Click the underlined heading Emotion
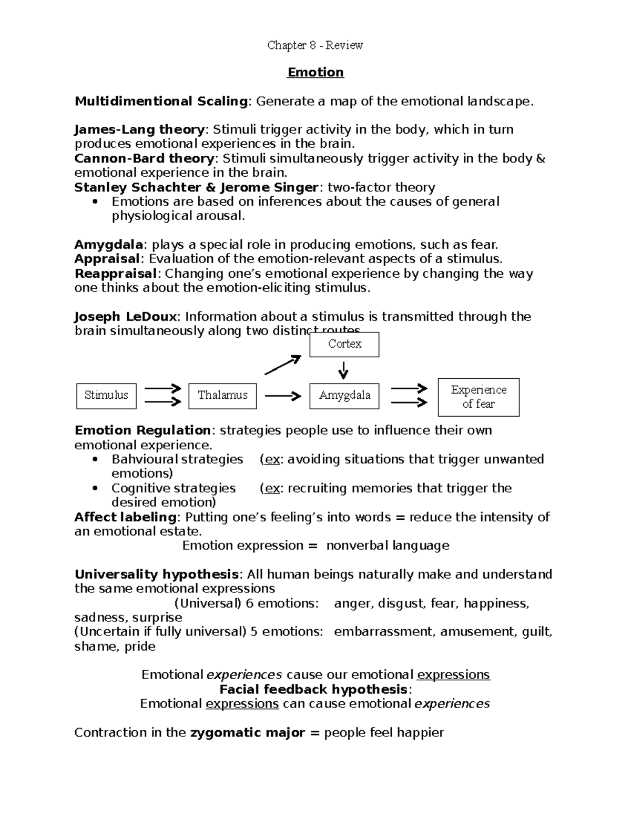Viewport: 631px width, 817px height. pyautogui.click(x=315, y=73)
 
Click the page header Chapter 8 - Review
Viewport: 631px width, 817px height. pyautogui.click(x=315, y=45)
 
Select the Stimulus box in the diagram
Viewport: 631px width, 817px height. pyautogui.click(x=106, y=396)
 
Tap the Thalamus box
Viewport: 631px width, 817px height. pyautogui.click(x=222, y=396)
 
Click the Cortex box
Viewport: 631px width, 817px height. pyautogui.click(x=344, y=344)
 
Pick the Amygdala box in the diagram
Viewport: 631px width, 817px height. pyautogui.click(x=344, y=396)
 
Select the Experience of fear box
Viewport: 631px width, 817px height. pyautogui.click(x=479, y=397)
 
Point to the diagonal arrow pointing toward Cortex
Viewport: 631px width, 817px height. pyautogui.click(x=282, y=365)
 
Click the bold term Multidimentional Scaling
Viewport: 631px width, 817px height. pyautogui.click(x=161, y=101)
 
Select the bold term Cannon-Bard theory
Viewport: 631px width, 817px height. pyautogui.click(x=144, y=158)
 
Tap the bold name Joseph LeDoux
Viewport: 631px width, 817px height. pyautogui.click(x=126, y=317)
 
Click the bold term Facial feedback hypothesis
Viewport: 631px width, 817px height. pyautogui.click(x=313, y=689)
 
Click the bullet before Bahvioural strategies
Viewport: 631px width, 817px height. pyautogui.click(x=95, y=460)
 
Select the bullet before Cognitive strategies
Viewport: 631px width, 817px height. pyautogui.click(x=95, y=489)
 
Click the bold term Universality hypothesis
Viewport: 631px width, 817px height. pyautogui.click(x=157, y=574)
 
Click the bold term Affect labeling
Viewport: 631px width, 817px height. pyautogui.click(x=125, y=517)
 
